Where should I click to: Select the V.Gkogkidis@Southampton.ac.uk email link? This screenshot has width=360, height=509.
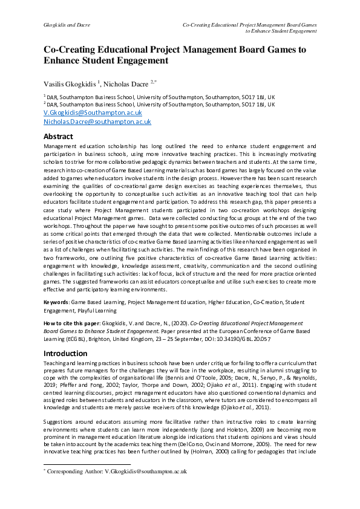[x=93, y=112]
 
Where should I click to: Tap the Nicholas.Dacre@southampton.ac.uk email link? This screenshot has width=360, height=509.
[x=97, y=122]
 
